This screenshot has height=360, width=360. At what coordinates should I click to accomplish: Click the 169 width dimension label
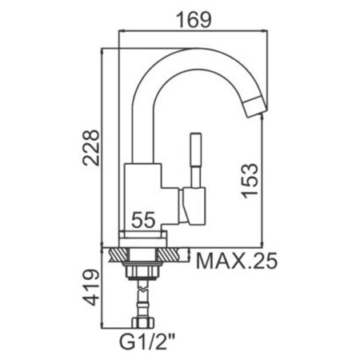(x=194, y=19)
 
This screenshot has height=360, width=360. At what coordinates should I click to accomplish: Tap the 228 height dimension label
(x=91, y=148)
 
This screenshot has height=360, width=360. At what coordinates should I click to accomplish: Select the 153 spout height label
(x=250, y=181)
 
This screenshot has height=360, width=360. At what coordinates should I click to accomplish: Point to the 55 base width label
(x=143, y=220)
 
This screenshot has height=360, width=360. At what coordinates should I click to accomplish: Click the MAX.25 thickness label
(x=237, y=261)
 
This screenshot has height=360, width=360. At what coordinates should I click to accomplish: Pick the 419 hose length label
(x=91, y=287)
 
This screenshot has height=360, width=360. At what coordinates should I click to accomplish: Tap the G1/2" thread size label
(x=147, y=342)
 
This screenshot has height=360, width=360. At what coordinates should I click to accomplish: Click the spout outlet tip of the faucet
(x=256, y=107)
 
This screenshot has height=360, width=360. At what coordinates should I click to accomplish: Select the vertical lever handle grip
(x=195, y=150)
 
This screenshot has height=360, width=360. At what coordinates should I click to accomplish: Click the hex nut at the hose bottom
(x=143, y=322)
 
